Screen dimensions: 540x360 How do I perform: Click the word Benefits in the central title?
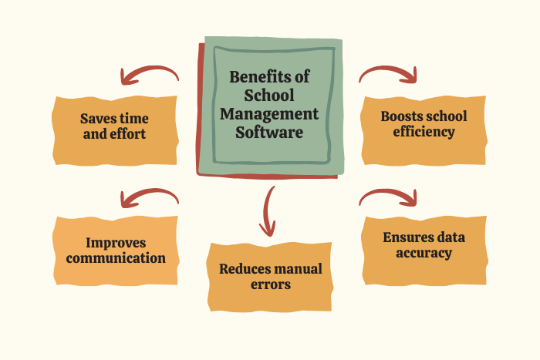tap(258, 76)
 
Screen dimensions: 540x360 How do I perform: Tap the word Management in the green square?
tap(269, 114)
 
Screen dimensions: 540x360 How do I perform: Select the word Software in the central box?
tap(269, 132)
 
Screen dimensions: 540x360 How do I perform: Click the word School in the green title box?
tap(269, 96)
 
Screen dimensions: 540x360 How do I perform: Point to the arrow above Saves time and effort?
tap(150, 75)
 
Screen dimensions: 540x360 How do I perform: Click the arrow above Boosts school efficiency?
tap(388, 74)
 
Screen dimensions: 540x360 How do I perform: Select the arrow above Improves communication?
tap(150, 198)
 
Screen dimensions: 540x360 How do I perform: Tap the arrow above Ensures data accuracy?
tap(388, 197)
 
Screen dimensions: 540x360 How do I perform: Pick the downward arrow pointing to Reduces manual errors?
tap(268, 211)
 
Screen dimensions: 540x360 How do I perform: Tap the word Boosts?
tap(400, 116)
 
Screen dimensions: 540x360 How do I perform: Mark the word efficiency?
tap(424, 132)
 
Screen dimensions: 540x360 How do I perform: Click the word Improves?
tap(116, 243)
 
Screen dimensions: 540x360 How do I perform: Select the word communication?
tap(116, 258)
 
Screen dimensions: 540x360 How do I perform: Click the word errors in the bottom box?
tap(271, 284)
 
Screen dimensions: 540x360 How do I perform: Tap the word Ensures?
tap(403, 237)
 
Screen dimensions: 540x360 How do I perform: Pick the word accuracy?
tap(424, 253)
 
